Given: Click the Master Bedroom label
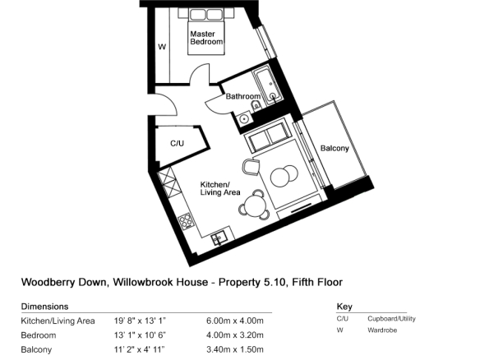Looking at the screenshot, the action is (x=206, y=38).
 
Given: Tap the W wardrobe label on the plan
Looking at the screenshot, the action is (x=162, y=47).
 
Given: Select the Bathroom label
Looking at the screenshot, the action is (x=243, y=96).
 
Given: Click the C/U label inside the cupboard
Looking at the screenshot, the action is (x=177, y=143).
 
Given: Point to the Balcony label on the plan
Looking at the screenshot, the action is (x=335, y=149).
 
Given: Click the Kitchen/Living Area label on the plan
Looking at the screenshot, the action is (x=220, y=188).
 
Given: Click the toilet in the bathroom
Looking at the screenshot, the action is (x=256, y=106).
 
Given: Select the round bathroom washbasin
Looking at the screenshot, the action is (x=244, y=118).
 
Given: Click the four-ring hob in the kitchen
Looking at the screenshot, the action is (x=186, y=221).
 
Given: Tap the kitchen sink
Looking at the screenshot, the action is (x=219, y=238).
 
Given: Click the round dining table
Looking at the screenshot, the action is (x=255, y=205).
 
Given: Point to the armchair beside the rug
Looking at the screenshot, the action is (x=252, y=167).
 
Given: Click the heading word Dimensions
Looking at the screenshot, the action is (x=44, y=307).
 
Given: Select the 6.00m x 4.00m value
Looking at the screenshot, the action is (x=235, y=321).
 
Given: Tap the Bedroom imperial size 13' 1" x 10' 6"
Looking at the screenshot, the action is (x=140, y=335).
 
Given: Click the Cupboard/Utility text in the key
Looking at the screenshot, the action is (x=391, y=319).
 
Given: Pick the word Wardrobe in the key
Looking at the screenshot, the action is (x=382, y=330).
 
